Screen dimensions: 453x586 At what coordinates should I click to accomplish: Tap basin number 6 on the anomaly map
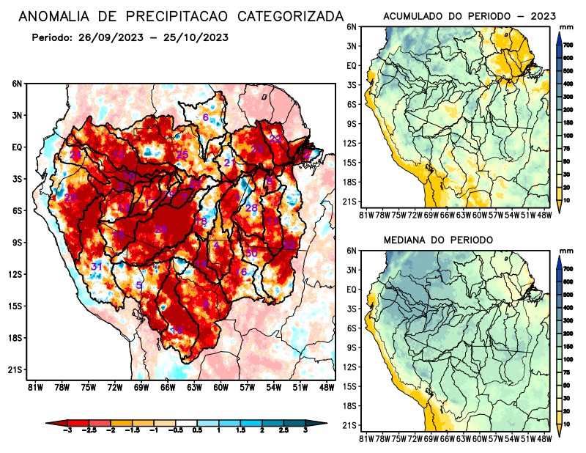click(206, 117)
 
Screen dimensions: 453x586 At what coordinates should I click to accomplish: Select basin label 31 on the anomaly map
click(96, 266)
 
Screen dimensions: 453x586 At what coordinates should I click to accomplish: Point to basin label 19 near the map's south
click(177, 331)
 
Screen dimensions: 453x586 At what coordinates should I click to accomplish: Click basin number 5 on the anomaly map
click(139, 285)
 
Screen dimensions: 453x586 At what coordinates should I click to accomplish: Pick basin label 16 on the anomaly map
click(242, 272)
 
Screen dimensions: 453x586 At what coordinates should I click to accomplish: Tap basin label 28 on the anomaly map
click(251, 208)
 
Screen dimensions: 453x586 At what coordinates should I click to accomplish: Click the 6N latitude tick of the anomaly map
click(17, 84)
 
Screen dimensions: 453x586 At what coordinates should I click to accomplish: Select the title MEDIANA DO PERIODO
click(438, 240)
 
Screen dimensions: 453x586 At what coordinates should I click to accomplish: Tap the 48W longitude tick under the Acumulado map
click(544, 215)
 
